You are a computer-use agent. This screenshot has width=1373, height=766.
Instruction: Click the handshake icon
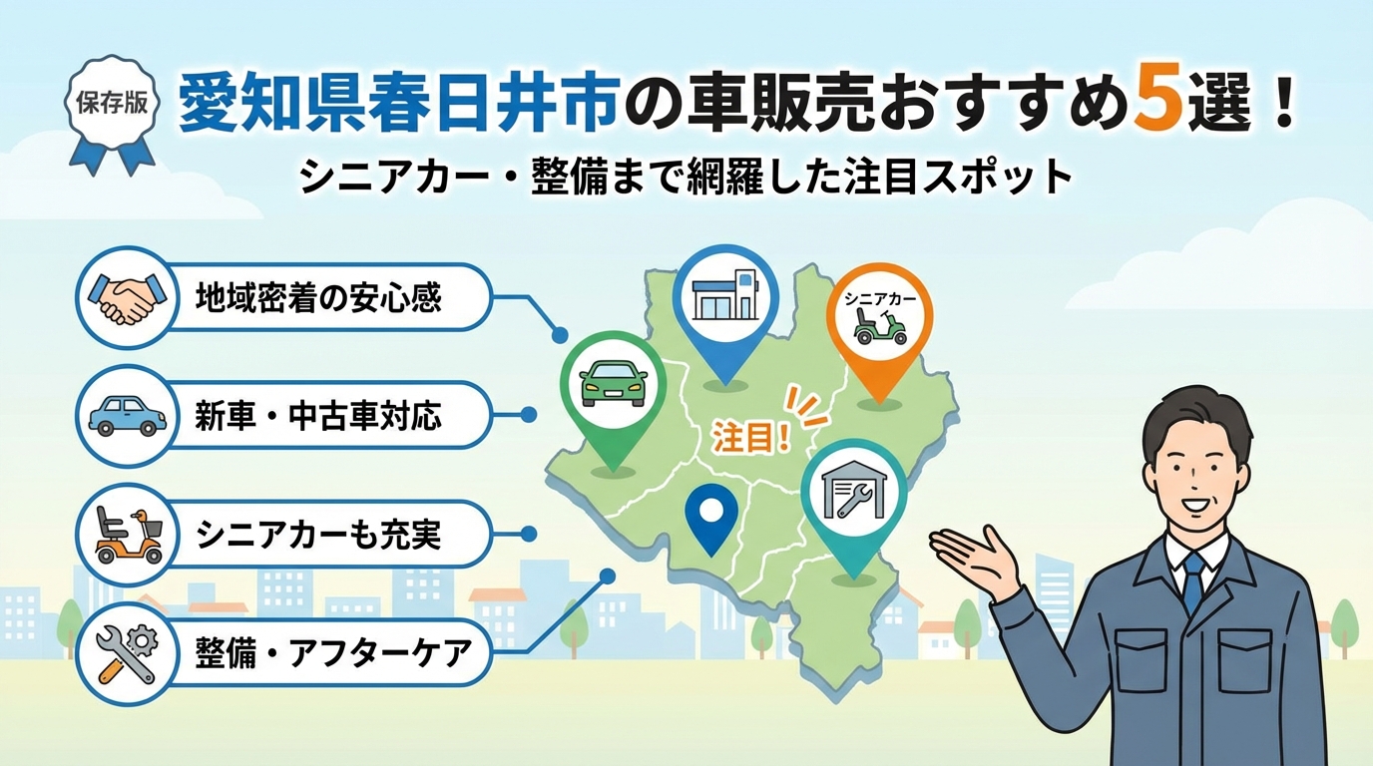click(x=128, y=298)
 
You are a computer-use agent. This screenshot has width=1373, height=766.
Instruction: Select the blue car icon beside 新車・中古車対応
click(x=128, y=416)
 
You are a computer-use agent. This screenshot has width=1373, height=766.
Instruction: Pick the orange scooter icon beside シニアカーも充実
click(x=130, y=535)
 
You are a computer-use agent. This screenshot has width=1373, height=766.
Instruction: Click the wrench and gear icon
click(x=128, y=654)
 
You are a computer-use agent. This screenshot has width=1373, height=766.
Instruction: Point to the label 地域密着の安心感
click(x=318, y=299)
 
